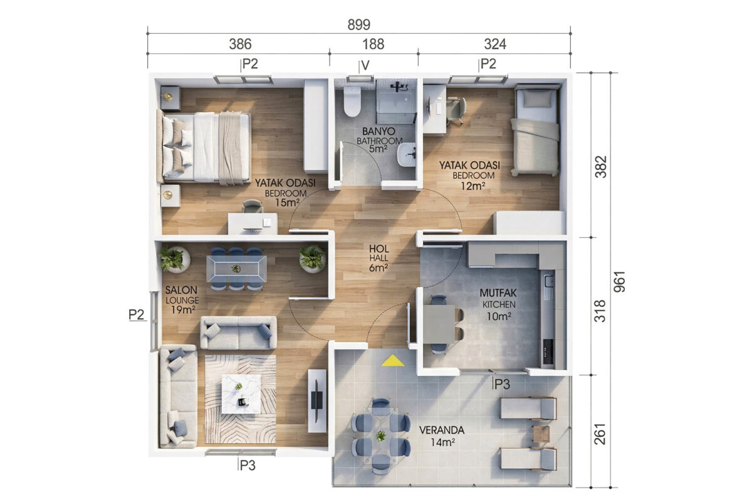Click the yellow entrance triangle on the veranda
point(393,360)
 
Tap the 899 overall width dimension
point(359,25)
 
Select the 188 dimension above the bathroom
point(373,44)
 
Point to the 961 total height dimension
point(619,281)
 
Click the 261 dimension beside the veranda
point(600,434)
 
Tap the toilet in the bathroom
point(352,100)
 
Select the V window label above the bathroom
point(365,65)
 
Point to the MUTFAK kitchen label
point(498,293)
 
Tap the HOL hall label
point(379,249)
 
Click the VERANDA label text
point(442,430)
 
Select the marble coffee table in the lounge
point(241,394)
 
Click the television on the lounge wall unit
point(317,400)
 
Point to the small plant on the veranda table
point(381,436)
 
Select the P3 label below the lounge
point(248,466)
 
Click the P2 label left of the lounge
point(137,314)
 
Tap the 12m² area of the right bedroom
point(473,186)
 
